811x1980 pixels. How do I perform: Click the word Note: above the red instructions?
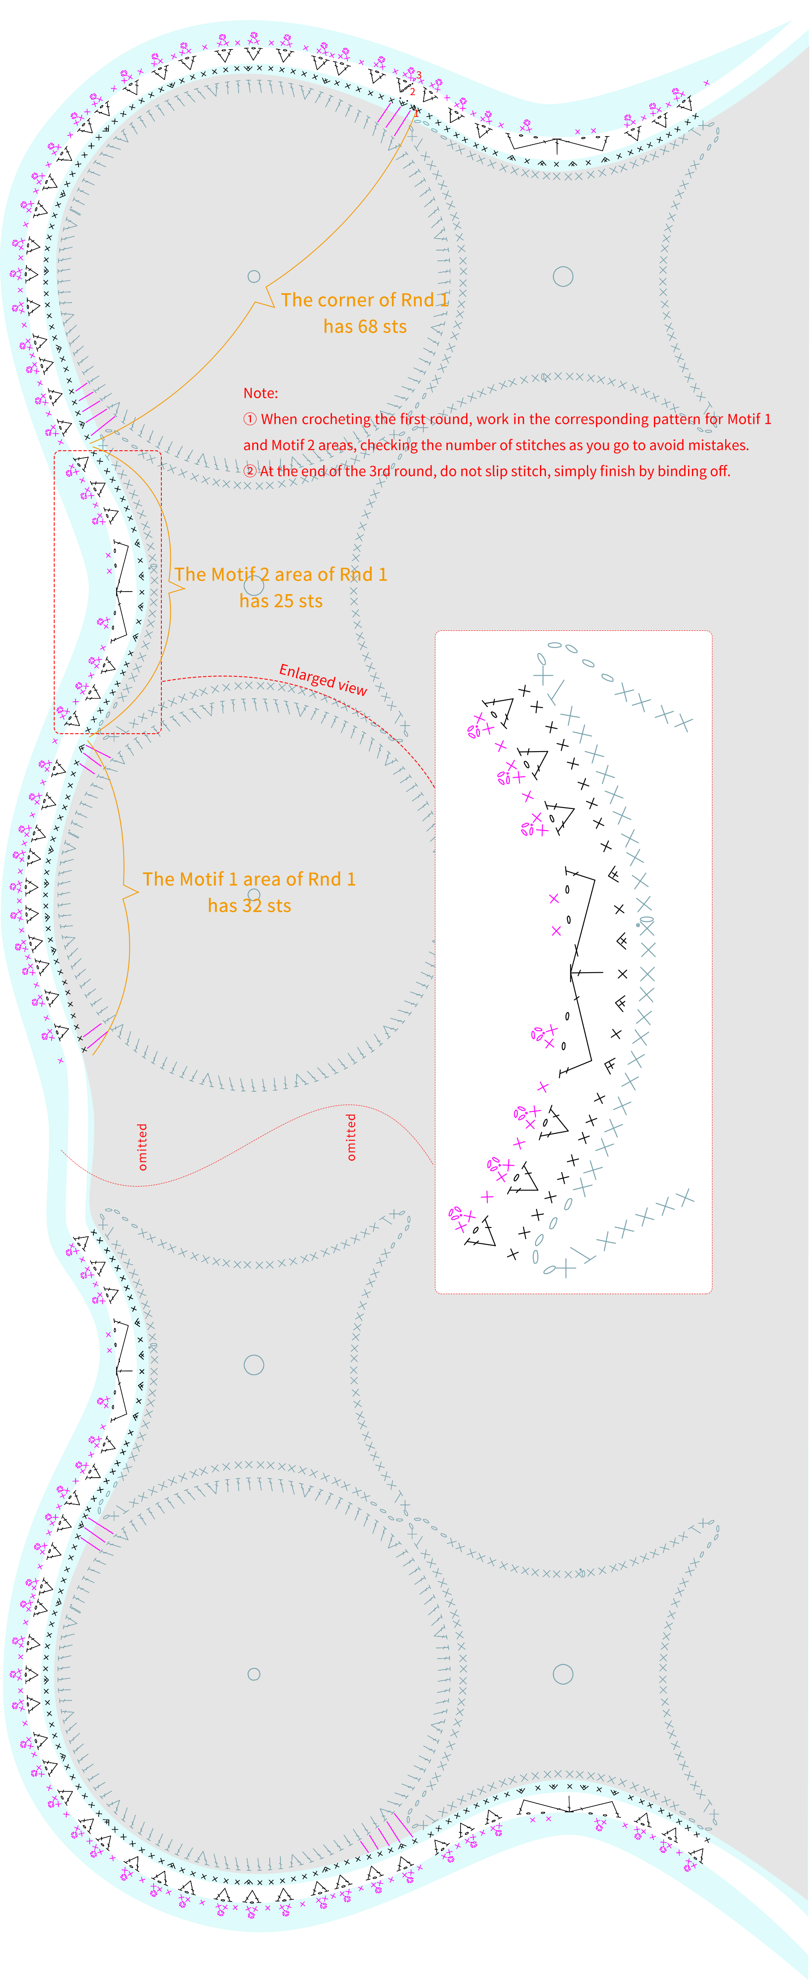[261, 393]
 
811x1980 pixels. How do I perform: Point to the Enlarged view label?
[323, 679]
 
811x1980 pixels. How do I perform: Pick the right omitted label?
[351, 1137]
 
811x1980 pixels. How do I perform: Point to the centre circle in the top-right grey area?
[563, 277]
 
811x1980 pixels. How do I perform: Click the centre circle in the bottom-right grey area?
[563, 1674]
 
